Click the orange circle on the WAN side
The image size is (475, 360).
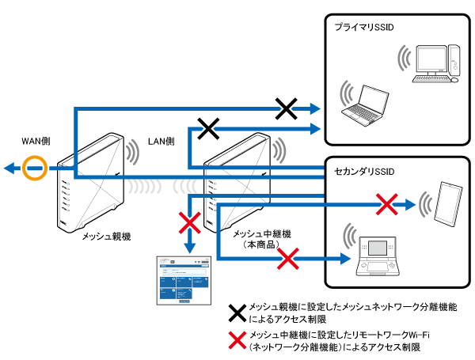(36, 168)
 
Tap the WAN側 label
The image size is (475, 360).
(36, 142)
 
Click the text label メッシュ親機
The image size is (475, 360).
(104, 237)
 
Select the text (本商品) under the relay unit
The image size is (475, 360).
(259, 247)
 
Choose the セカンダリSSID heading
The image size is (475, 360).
(365, 172)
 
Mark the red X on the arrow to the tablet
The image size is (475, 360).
(385, 205)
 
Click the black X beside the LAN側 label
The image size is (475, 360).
(208, 128)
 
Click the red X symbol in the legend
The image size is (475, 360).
(236, 340)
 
